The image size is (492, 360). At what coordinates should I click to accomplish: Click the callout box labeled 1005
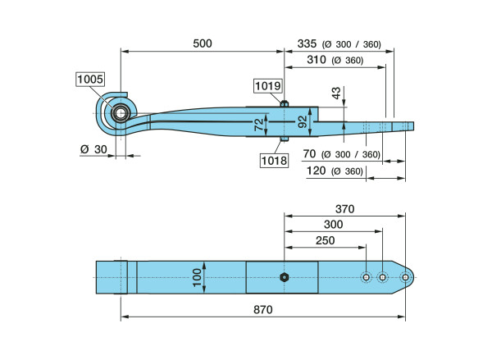[x=90, y=80]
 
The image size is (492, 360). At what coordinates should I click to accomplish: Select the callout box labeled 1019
[x=267, y=85]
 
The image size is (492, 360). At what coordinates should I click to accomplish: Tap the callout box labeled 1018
[x=274, y=161]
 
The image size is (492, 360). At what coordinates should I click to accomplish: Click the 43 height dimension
[x=335, y=93]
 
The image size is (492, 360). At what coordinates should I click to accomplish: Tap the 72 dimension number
[x=259, y=124]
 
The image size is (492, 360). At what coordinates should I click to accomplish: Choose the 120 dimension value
[x=316, y=171]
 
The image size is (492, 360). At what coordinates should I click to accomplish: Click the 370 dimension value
[x=344, y=209]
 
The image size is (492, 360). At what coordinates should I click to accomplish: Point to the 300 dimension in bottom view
[x=332, y=225]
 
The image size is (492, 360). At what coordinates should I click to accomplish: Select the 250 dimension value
[x=324, y=240]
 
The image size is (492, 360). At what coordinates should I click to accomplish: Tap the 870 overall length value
[x=262, y=310]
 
